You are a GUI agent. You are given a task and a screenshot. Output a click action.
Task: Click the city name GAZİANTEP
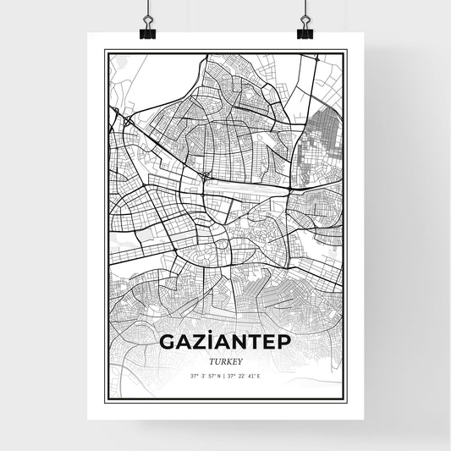(x=226, y=343)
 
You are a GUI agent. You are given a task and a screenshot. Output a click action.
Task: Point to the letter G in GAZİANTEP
(x=168, y=343)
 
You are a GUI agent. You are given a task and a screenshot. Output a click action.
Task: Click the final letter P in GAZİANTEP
(x=284, y=343)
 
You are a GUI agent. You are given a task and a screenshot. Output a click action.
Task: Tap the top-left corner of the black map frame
(x=105, y=51)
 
